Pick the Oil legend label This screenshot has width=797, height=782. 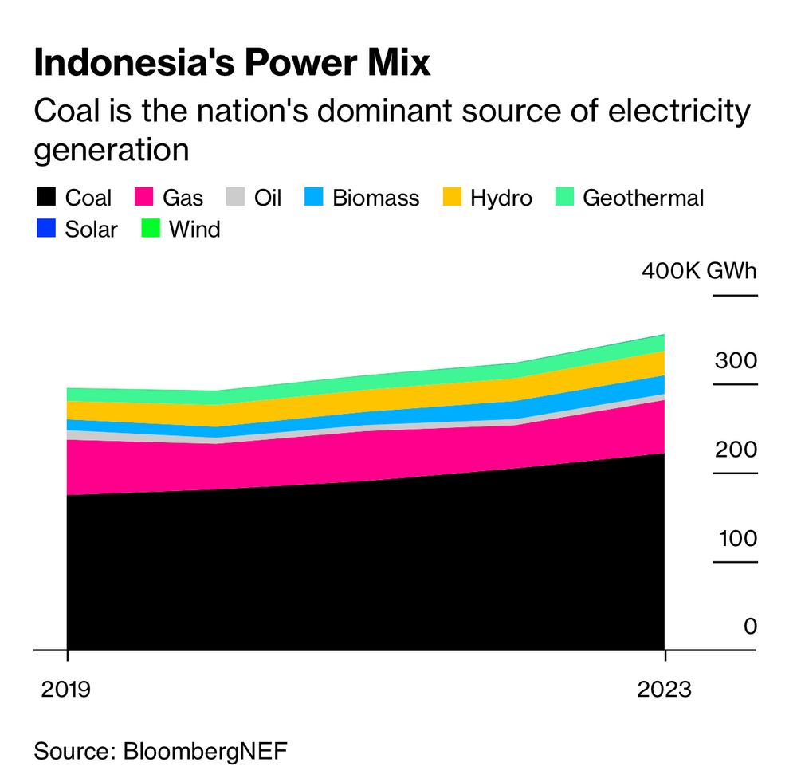pyautogui.click(x=268, y=198)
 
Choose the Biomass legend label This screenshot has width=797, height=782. pyautogui.click(x=375, y=198)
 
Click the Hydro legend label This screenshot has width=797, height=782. pyautogui.click(x=501, y=198)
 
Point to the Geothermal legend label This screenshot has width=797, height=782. pyautogui.click(x=643, y=198)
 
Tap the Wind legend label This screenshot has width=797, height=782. pyautogui.click(x=194, y=230)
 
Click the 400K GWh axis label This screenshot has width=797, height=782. pyautogui.click(x=699, y=271)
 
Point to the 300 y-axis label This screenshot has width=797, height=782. pyautogui.click(x=735, y=360)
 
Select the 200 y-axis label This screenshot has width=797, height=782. pyautogui.click(x=735, y=450)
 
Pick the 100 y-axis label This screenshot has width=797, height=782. pyautogui.click(x=735, y=538)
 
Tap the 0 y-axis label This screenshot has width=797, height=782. pyautogui.click(x=750, y=627)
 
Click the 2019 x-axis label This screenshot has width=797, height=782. pyautogui.click(x=67, y=688)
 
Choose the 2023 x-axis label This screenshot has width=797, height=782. pyautogui.click(x=664, y=688)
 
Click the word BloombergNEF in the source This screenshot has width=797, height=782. pyautogui.click(x=204, y=750)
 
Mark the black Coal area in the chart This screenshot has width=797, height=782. pyautogui.click(x=359, y=566)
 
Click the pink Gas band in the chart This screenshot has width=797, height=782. pyautogui.click(x=359, y=454)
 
